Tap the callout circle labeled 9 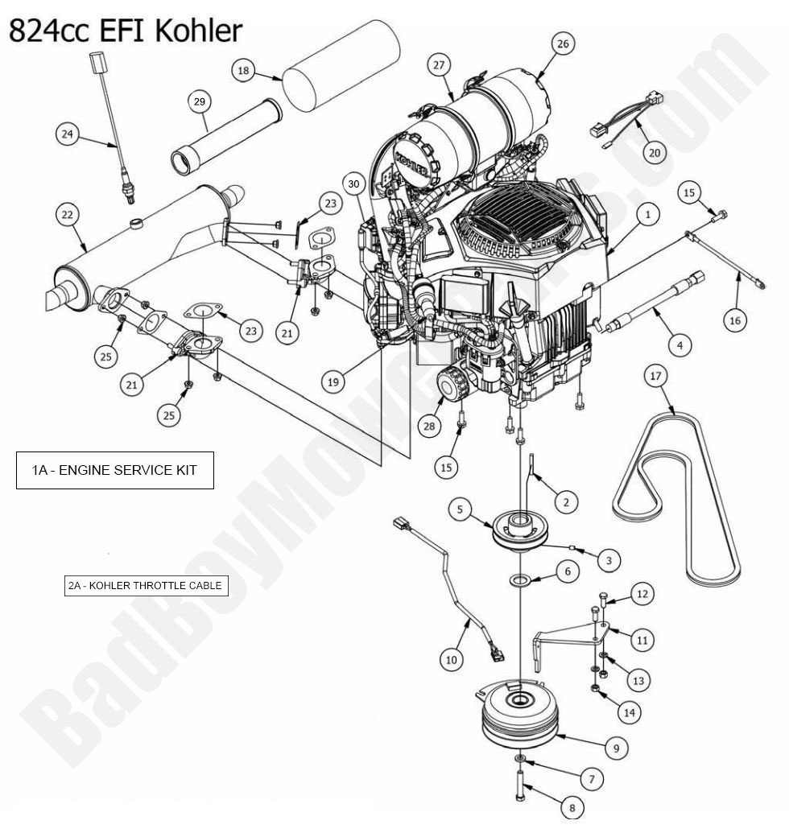(x=616, y=748)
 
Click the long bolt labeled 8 (x=521, y=785)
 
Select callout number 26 (x=563, y=44)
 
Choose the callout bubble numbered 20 (x=654, y=151)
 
